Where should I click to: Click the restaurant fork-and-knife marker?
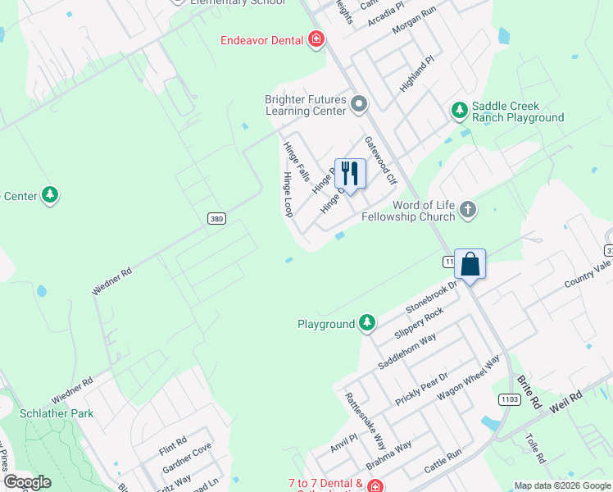350,173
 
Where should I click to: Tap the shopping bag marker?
470,265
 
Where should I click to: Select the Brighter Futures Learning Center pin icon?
359,104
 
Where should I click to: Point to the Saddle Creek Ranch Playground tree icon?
459,109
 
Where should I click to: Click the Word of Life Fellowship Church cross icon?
467,209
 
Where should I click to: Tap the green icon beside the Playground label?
368,324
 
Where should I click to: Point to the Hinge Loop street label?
288,194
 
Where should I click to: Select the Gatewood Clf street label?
380,161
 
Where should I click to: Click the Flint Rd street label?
174,446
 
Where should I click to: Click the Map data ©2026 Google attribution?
562,485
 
